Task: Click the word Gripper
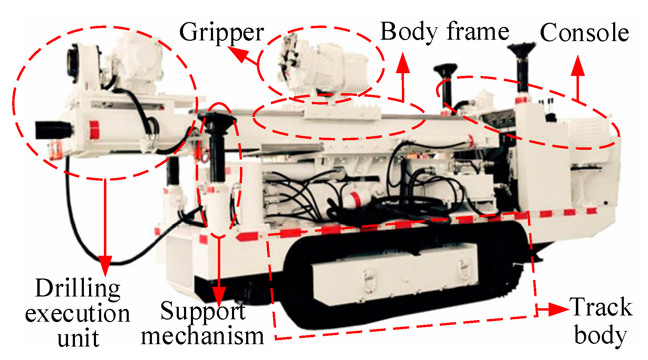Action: click(221, 33)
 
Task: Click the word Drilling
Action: click(78, 288)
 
